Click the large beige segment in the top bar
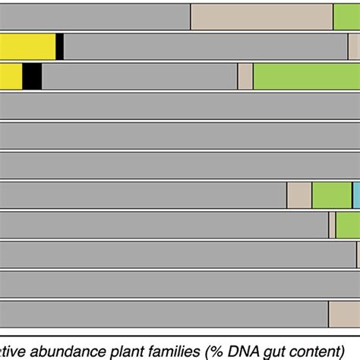(x=261, y=16)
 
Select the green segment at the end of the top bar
(x=346, y=16)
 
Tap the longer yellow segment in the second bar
(x=27, y=46)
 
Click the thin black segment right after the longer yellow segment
(x=59, y=46)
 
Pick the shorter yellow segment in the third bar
(x=11, y=76)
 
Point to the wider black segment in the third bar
(x=32, y=76)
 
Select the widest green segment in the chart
(x=306, y=76)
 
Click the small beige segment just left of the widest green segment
(x=245, y=76)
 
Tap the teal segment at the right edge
(x=355, y=195)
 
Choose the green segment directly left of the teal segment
(x=331, y=195)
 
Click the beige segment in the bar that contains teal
(x=299, y=195)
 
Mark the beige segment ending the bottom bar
(x=344, y=314)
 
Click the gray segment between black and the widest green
(x=140, y=76)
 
